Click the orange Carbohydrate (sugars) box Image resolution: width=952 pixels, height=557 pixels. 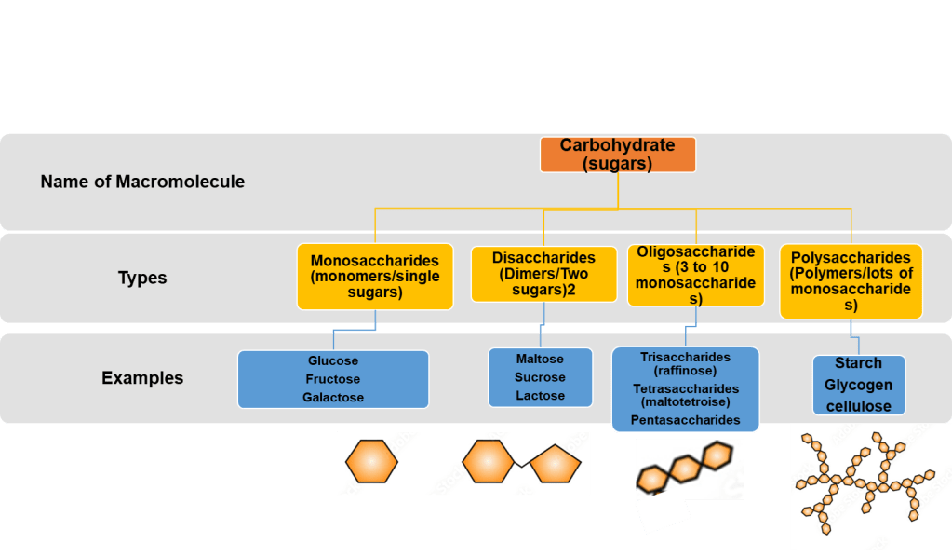click(x=618, y=155)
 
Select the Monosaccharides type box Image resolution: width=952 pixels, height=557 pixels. click(x=375, y=277)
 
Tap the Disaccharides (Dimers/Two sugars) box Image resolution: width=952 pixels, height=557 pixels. click(x=543, y=274)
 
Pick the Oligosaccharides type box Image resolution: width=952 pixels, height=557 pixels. click(x=696, y=275)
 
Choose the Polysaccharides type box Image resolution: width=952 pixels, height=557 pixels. click(x=851, y=281)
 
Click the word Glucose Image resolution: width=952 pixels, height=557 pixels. click(x=333, y=360)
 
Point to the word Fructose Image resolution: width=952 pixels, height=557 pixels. click(x=333, y=379)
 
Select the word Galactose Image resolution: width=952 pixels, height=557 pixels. click(x=333, y=398)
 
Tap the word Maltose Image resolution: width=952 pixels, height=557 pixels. click(x=540, y=359)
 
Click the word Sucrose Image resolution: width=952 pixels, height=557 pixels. click(x=540, y=377)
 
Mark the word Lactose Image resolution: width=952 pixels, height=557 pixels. click(x=540, y=396)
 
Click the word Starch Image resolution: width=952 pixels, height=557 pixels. click(x=858, y=363)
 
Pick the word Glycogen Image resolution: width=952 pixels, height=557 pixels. click(x=858, y=385)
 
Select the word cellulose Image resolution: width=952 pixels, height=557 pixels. click(x=858, y=406)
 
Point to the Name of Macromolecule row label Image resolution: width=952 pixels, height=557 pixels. click(x=142, y=182)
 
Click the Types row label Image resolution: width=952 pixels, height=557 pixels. click(x=142, y=278)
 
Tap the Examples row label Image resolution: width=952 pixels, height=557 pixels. click(x=142, y=378)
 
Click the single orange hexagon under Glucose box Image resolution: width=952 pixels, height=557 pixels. click(x=371, y=461)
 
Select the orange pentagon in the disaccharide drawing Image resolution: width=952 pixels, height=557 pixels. click(x=556, y=464)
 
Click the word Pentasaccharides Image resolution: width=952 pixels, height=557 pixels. click(x=685, y=420)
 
